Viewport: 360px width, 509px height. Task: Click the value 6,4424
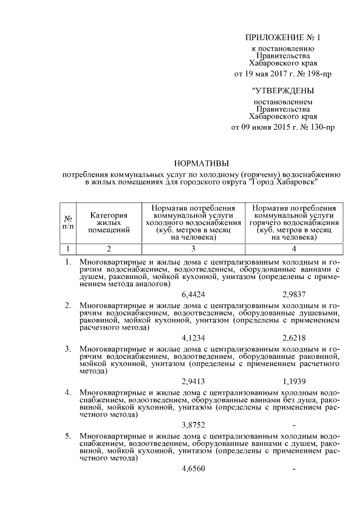(193, 294)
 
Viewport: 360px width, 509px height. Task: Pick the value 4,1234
(193, 337)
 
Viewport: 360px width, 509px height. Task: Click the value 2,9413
(193, 381)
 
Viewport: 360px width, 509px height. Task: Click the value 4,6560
(193, 468)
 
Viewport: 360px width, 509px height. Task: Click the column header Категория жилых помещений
(109, 222)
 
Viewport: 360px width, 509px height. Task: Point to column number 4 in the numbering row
(294, 247)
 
